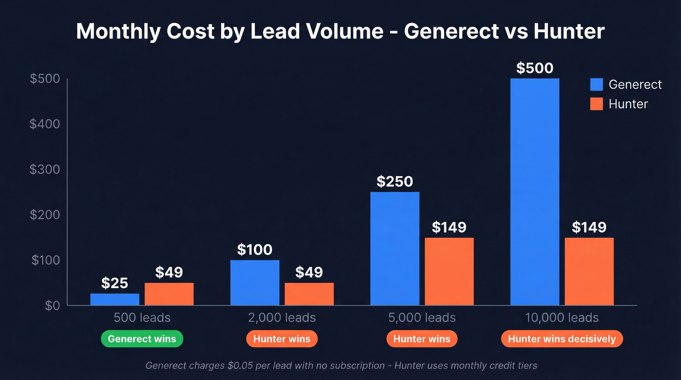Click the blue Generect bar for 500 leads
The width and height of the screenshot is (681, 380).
tap(115, 299)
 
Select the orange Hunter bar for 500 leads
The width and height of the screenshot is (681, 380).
tap(169, 294)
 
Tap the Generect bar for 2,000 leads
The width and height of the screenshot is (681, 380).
tap(255, 283)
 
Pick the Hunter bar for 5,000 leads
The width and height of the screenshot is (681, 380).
tap(449, 271)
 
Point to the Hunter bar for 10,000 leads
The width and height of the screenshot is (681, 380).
tap(589, 271)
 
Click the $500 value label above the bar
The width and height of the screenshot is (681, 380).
tap(535, 68)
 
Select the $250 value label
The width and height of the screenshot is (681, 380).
tap(394, 181)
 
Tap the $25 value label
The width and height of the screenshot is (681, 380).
tap(115, 283)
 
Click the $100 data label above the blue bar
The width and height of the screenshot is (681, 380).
tap(255, 250)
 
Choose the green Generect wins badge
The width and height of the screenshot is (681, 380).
tap(142, 339)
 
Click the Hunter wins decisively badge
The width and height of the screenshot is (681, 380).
tap(562, 339)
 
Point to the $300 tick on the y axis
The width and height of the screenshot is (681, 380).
tap(45, 169)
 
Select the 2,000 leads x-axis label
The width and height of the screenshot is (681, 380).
tap(282, 318)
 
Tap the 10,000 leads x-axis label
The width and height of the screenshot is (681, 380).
tap(562, 318)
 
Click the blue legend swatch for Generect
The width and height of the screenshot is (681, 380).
tap(596, 85)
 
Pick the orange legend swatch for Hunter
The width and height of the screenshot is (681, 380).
tap(596, 104)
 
